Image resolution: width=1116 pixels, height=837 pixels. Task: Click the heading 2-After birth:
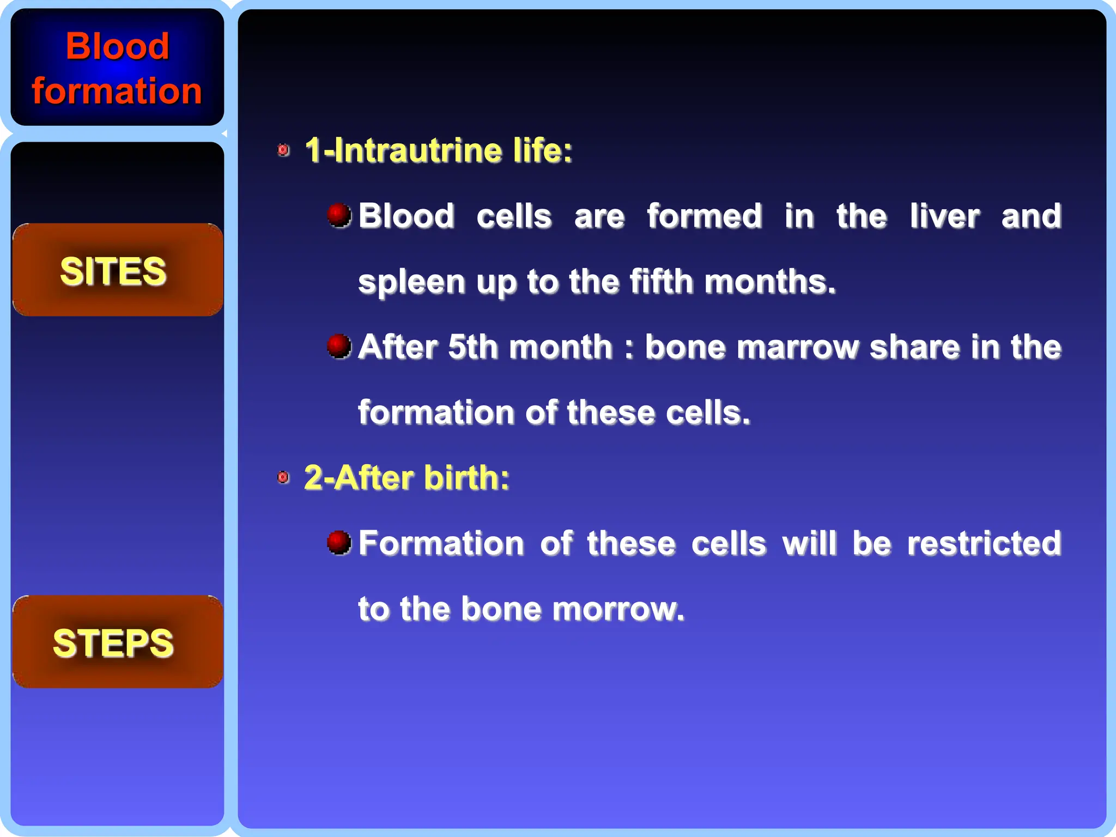coord(407,478)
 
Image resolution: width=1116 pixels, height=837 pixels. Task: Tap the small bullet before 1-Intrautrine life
coord(283,150)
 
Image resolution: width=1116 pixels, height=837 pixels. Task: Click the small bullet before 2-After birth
coord(283,478)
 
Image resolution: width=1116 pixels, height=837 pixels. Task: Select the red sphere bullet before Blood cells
coord(339,215)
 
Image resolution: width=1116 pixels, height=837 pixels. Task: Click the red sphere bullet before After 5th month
coord(339,346)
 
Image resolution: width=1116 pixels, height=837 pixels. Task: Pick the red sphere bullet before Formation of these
coord(339,542)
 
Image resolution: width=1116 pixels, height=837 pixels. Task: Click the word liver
coord(944,216)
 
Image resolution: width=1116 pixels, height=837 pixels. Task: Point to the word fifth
coord(661,281)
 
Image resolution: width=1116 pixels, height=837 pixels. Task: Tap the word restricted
coord(984,543)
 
